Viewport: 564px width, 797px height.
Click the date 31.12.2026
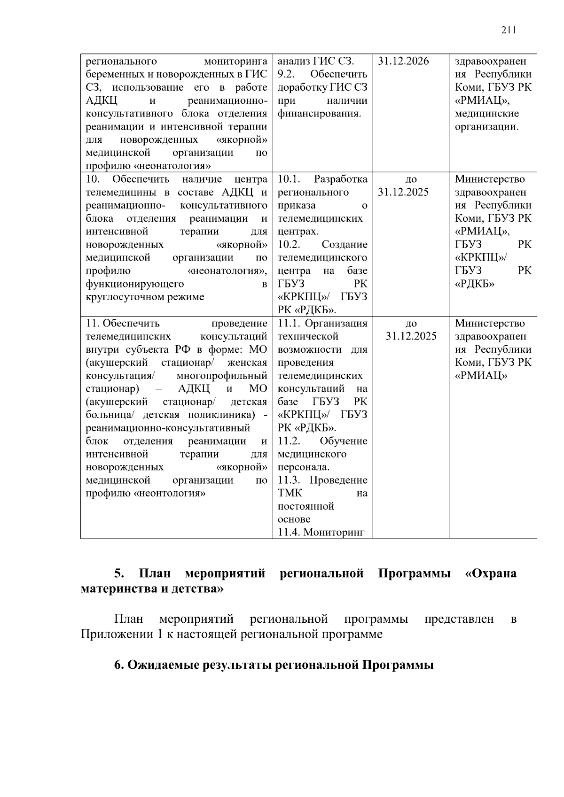click(403, 61)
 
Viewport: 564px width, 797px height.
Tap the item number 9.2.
click(286, 74)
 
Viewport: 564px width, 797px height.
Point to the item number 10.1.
click(289, 179)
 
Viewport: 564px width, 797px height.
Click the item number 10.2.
click(289, 245)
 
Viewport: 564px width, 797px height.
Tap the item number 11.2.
click(289, 441)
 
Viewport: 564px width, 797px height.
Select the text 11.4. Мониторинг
click(321, 533)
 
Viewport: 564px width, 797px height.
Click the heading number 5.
click(119, 573)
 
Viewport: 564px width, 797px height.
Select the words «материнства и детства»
click(152, 588)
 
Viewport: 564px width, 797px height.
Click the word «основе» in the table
click(294, 519)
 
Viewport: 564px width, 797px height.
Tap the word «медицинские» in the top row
click(486, 114)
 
